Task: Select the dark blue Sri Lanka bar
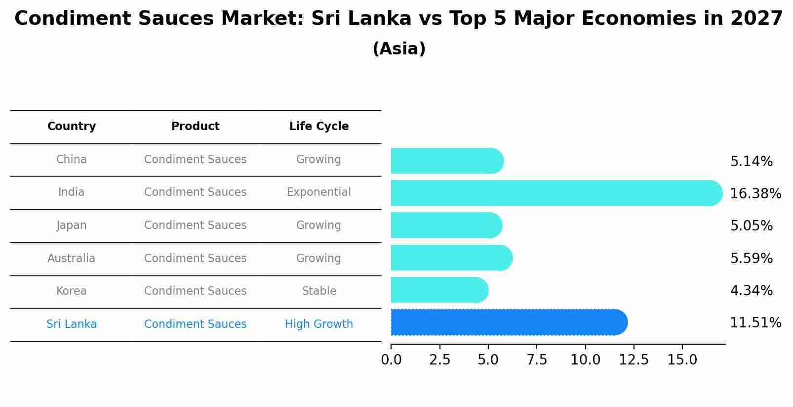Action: (509, 322)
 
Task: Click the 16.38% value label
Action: (755, 193)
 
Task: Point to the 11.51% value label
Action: (755, 323)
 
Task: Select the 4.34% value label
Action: (751, 290)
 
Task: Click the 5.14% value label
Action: (751, 162)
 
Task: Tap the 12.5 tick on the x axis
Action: (634, 360)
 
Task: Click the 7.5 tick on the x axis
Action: (537, 360)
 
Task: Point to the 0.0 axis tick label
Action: (391, 360)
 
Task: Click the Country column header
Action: (72, 127)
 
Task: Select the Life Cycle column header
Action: (319, 127)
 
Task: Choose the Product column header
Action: (195, 127)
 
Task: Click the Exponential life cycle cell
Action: (319, 192)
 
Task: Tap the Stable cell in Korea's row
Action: (319, 291)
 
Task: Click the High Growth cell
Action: (319, 324)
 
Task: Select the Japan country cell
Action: (72, 225)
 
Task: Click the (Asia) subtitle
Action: (399, 49)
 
